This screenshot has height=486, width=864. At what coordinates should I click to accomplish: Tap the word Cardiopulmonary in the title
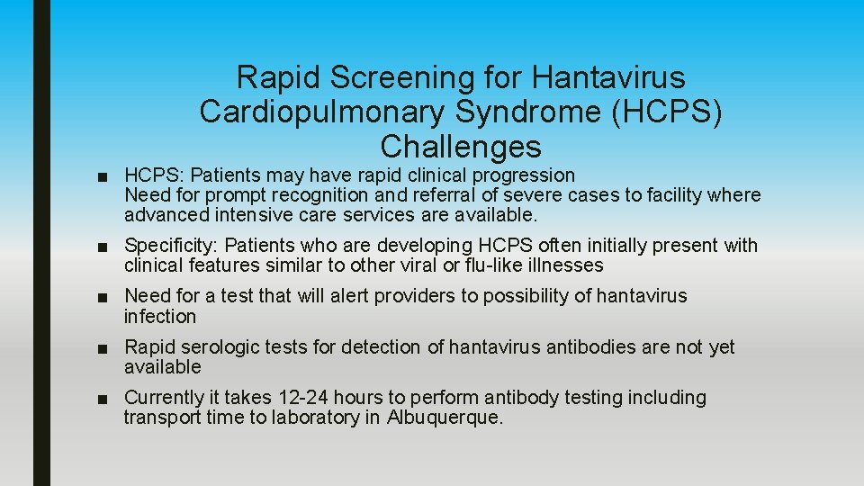point(320,112)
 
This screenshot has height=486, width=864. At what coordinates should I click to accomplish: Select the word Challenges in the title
point(461,146)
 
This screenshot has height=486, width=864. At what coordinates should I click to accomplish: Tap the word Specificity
point(171,246)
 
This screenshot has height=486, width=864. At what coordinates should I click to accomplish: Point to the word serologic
point(219,347)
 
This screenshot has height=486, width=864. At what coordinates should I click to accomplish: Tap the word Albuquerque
point(445,418)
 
